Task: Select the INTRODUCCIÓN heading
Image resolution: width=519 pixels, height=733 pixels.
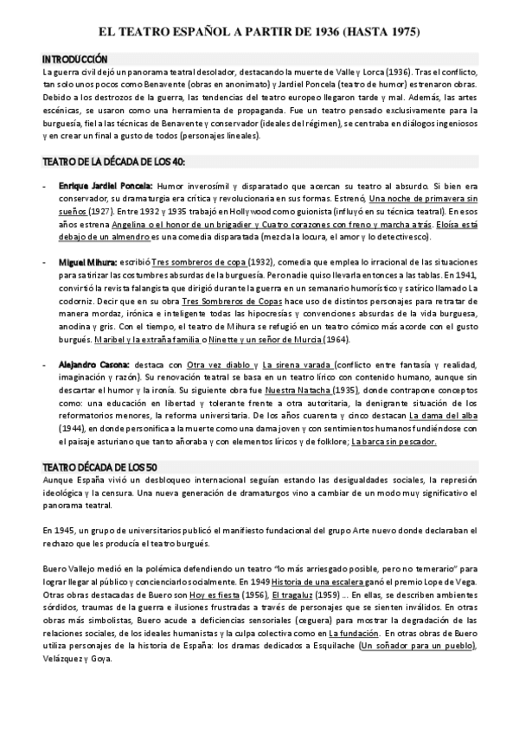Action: coord(75,59)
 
